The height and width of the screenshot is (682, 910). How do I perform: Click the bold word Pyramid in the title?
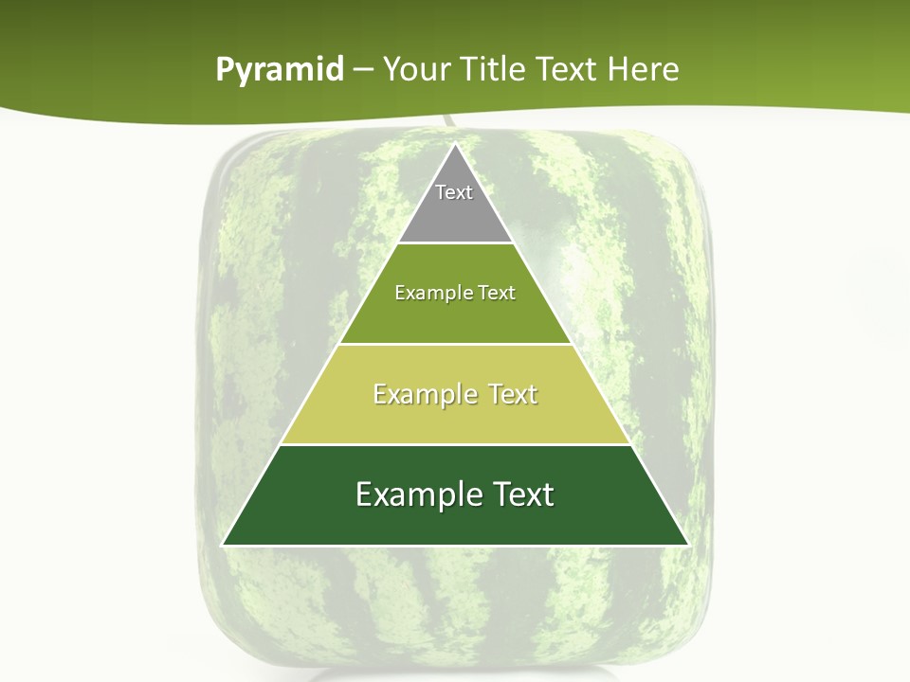pyautogui.click(x=280, y=70)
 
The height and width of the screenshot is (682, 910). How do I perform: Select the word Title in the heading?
pyautogui.click(x=497, y=69)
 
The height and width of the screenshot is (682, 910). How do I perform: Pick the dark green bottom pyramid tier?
pyautogui.click(x=455, y=521)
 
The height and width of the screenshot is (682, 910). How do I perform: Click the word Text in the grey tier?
pyautogui.click(x=454, y=192)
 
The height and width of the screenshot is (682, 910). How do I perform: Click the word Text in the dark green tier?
pyautogui.click(x=519, y=494)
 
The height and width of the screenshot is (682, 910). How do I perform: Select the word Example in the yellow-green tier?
pyautogui.click(x=423, y=394)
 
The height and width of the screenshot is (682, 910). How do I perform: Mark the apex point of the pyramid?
pyautogui.click(x=456, y=144)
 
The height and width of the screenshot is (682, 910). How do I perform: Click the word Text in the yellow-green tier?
pyautogui.click(x=511, y=394)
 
